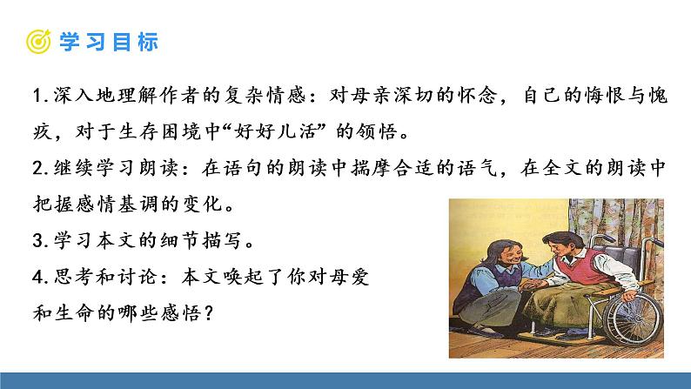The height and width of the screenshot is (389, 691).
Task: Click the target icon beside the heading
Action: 37,41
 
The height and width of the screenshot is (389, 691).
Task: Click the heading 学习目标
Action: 108,41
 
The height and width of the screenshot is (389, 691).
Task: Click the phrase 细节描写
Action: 198,239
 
